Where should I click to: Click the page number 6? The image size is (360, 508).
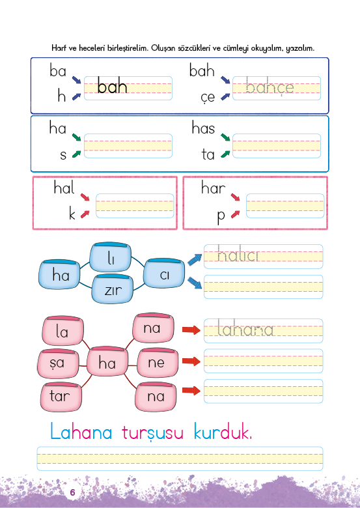coord(72,492)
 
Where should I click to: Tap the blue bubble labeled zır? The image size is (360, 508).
coord(113,289)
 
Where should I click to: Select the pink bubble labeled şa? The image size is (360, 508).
coord(59,363)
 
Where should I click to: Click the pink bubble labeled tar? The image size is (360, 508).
coord(61,397)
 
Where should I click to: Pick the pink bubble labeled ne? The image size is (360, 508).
coord(158,363)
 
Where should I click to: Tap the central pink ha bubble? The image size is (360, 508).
coord(108,361)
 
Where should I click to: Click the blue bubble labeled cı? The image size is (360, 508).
coord(164,274)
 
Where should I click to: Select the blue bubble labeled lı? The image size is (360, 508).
coord(111,258)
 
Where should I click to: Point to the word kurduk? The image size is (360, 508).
coord(223,432)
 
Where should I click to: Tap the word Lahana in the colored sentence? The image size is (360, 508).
coord(81,431)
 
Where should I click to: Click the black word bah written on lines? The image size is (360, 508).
coord(112,86)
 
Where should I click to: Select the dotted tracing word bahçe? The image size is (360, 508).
coord(270,87)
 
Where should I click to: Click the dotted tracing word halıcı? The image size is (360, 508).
coord(238,254)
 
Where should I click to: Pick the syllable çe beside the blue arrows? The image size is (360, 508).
coord(208,97)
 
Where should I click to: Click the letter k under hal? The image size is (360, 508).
coord(72,214)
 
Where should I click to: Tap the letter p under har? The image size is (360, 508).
coord(221,216)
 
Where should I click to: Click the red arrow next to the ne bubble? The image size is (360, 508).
coord(191,361)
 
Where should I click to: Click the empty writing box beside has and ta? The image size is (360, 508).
coord(277,146)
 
